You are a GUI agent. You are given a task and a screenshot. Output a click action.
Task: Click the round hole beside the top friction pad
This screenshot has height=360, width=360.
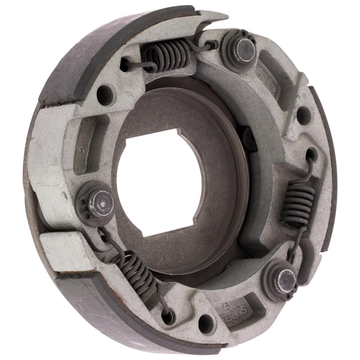pos(106,94)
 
